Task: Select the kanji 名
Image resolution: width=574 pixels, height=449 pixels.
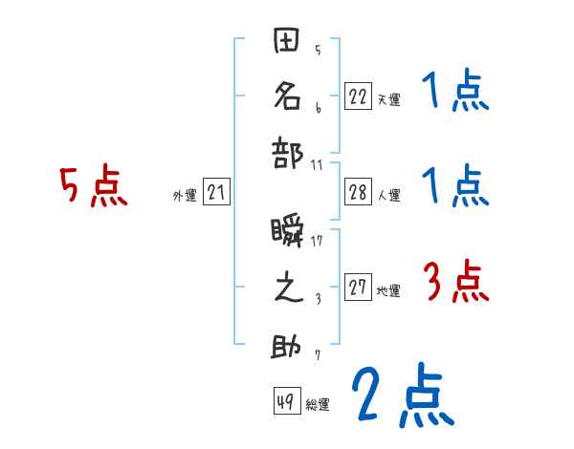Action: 286,96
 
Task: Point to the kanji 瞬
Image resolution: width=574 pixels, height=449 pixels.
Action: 286,232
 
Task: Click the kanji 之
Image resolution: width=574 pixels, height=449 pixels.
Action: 286,288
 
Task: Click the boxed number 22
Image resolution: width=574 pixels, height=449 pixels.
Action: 358,97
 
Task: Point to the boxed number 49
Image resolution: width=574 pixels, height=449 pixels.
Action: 285,402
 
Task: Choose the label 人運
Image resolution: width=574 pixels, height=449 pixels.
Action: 388,196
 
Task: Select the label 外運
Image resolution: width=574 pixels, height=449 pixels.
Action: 185,196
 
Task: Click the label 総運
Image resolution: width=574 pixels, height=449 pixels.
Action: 317,405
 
